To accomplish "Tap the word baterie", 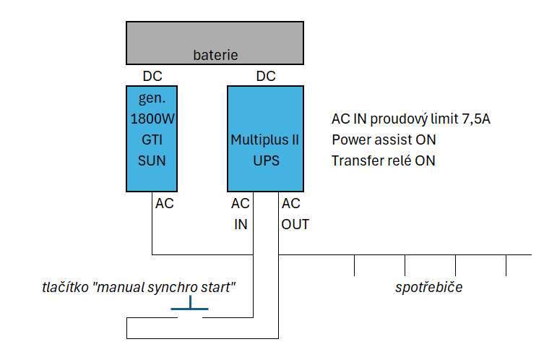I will click(x=215, y=55).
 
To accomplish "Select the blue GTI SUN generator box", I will click(x=151, y=138).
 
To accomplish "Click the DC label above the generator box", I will click(x=152, y=76).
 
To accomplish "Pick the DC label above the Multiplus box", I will click(x=266, y=76).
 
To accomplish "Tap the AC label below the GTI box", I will click(x=165, y=204).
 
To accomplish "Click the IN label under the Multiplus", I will click(x=240, y=224).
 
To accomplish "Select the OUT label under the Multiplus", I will click(x=295, y=224).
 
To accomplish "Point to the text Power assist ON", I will click(x=384, y=140).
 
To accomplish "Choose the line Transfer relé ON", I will click(x=384, y=160).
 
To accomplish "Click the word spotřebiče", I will click(x=428, y=288).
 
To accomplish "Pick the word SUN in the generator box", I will click(x=152, y=160).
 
